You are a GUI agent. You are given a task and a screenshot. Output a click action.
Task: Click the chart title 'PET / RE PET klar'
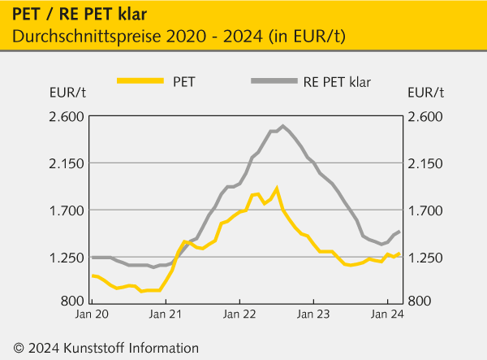74,13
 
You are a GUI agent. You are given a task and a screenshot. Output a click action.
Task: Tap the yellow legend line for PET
140,80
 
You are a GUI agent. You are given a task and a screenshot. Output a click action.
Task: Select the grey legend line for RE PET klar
273,80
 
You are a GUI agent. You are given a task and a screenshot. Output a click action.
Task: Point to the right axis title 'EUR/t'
426,91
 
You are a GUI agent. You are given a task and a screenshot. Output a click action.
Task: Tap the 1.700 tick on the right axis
426,210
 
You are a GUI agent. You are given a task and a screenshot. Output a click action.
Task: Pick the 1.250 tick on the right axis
426,258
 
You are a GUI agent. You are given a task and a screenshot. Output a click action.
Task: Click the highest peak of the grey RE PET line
282,126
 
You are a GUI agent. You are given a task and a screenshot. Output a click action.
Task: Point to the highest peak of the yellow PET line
277,189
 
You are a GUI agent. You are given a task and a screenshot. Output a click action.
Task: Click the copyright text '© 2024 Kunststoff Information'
101,348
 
